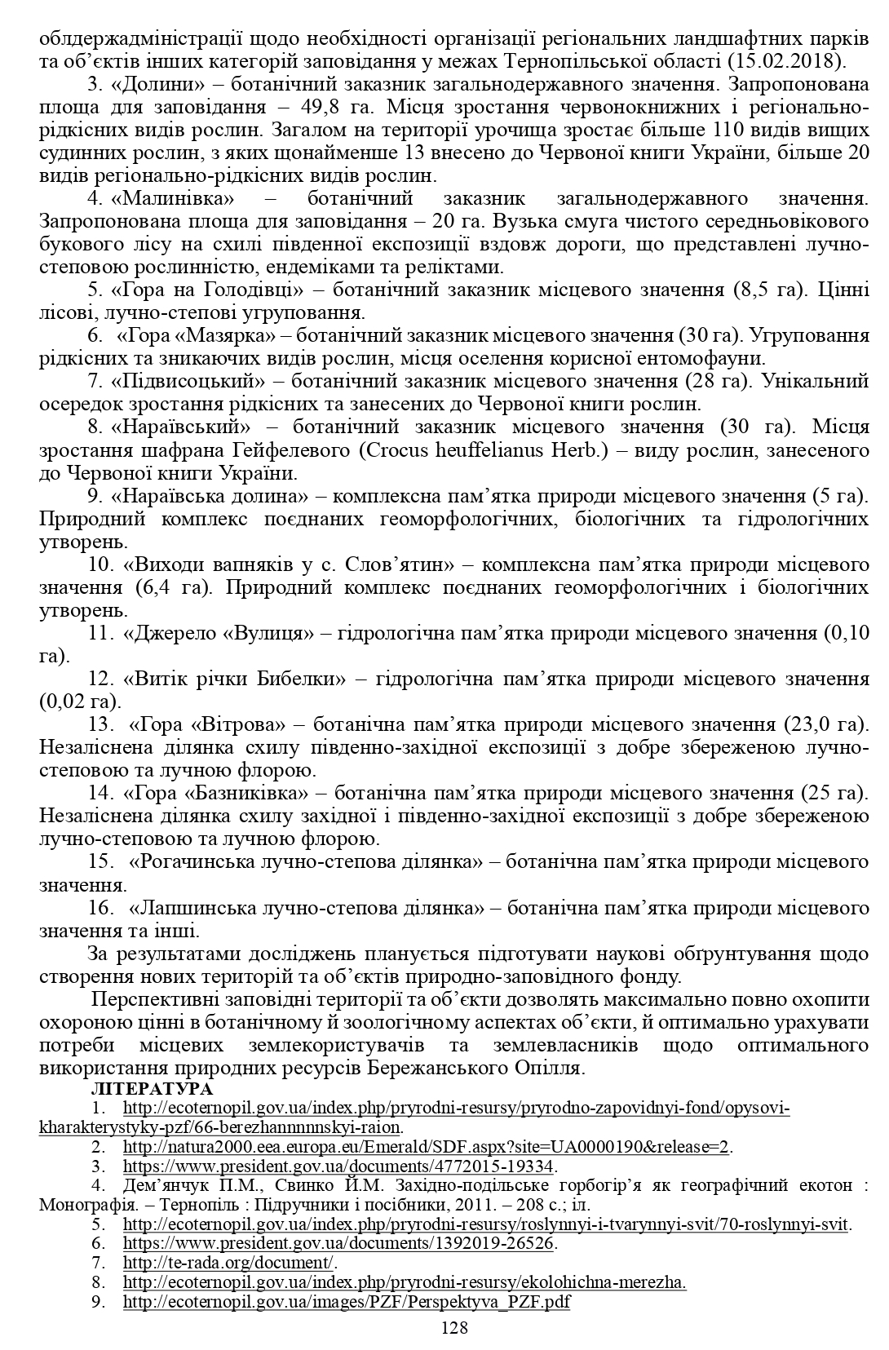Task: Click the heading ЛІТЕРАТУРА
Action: [153, 1090]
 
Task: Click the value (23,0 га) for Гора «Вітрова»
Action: [826, 724]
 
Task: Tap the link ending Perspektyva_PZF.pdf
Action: [346, 1302]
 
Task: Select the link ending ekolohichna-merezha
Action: [405, 1282]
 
